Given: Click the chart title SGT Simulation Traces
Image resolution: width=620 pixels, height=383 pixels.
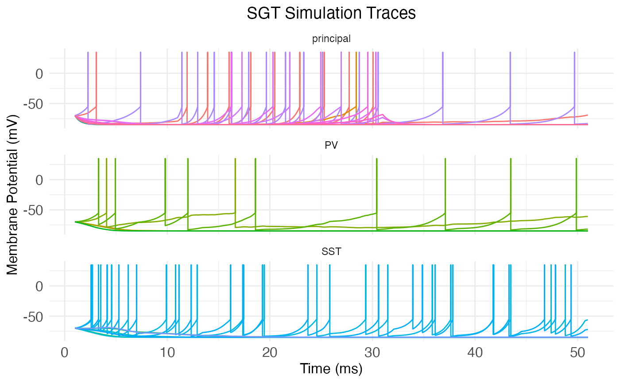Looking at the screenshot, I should click(x=331, y=13).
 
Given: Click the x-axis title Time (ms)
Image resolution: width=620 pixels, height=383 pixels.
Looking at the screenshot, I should click(x=331, y=368).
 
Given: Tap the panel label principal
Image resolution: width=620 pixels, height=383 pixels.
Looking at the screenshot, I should click(x=331, y=39).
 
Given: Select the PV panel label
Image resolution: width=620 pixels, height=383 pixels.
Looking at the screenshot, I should click(x=331, y=145).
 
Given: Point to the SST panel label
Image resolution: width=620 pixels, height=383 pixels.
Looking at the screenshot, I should click(x=331, y=251).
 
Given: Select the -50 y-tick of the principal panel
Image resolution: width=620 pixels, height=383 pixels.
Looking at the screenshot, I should click(x=36, y=104).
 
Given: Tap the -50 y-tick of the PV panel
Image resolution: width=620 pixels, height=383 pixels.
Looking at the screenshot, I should click(x=36, y=210).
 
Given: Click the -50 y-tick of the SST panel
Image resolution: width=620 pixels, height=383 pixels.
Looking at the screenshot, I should click(x=36, y=316).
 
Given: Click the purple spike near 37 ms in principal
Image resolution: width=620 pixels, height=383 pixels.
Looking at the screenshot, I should click(x=442, y=80).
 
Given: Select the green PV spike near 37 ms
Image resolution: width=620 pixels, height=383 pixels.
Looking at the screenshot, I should click(x=445, y=186).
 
